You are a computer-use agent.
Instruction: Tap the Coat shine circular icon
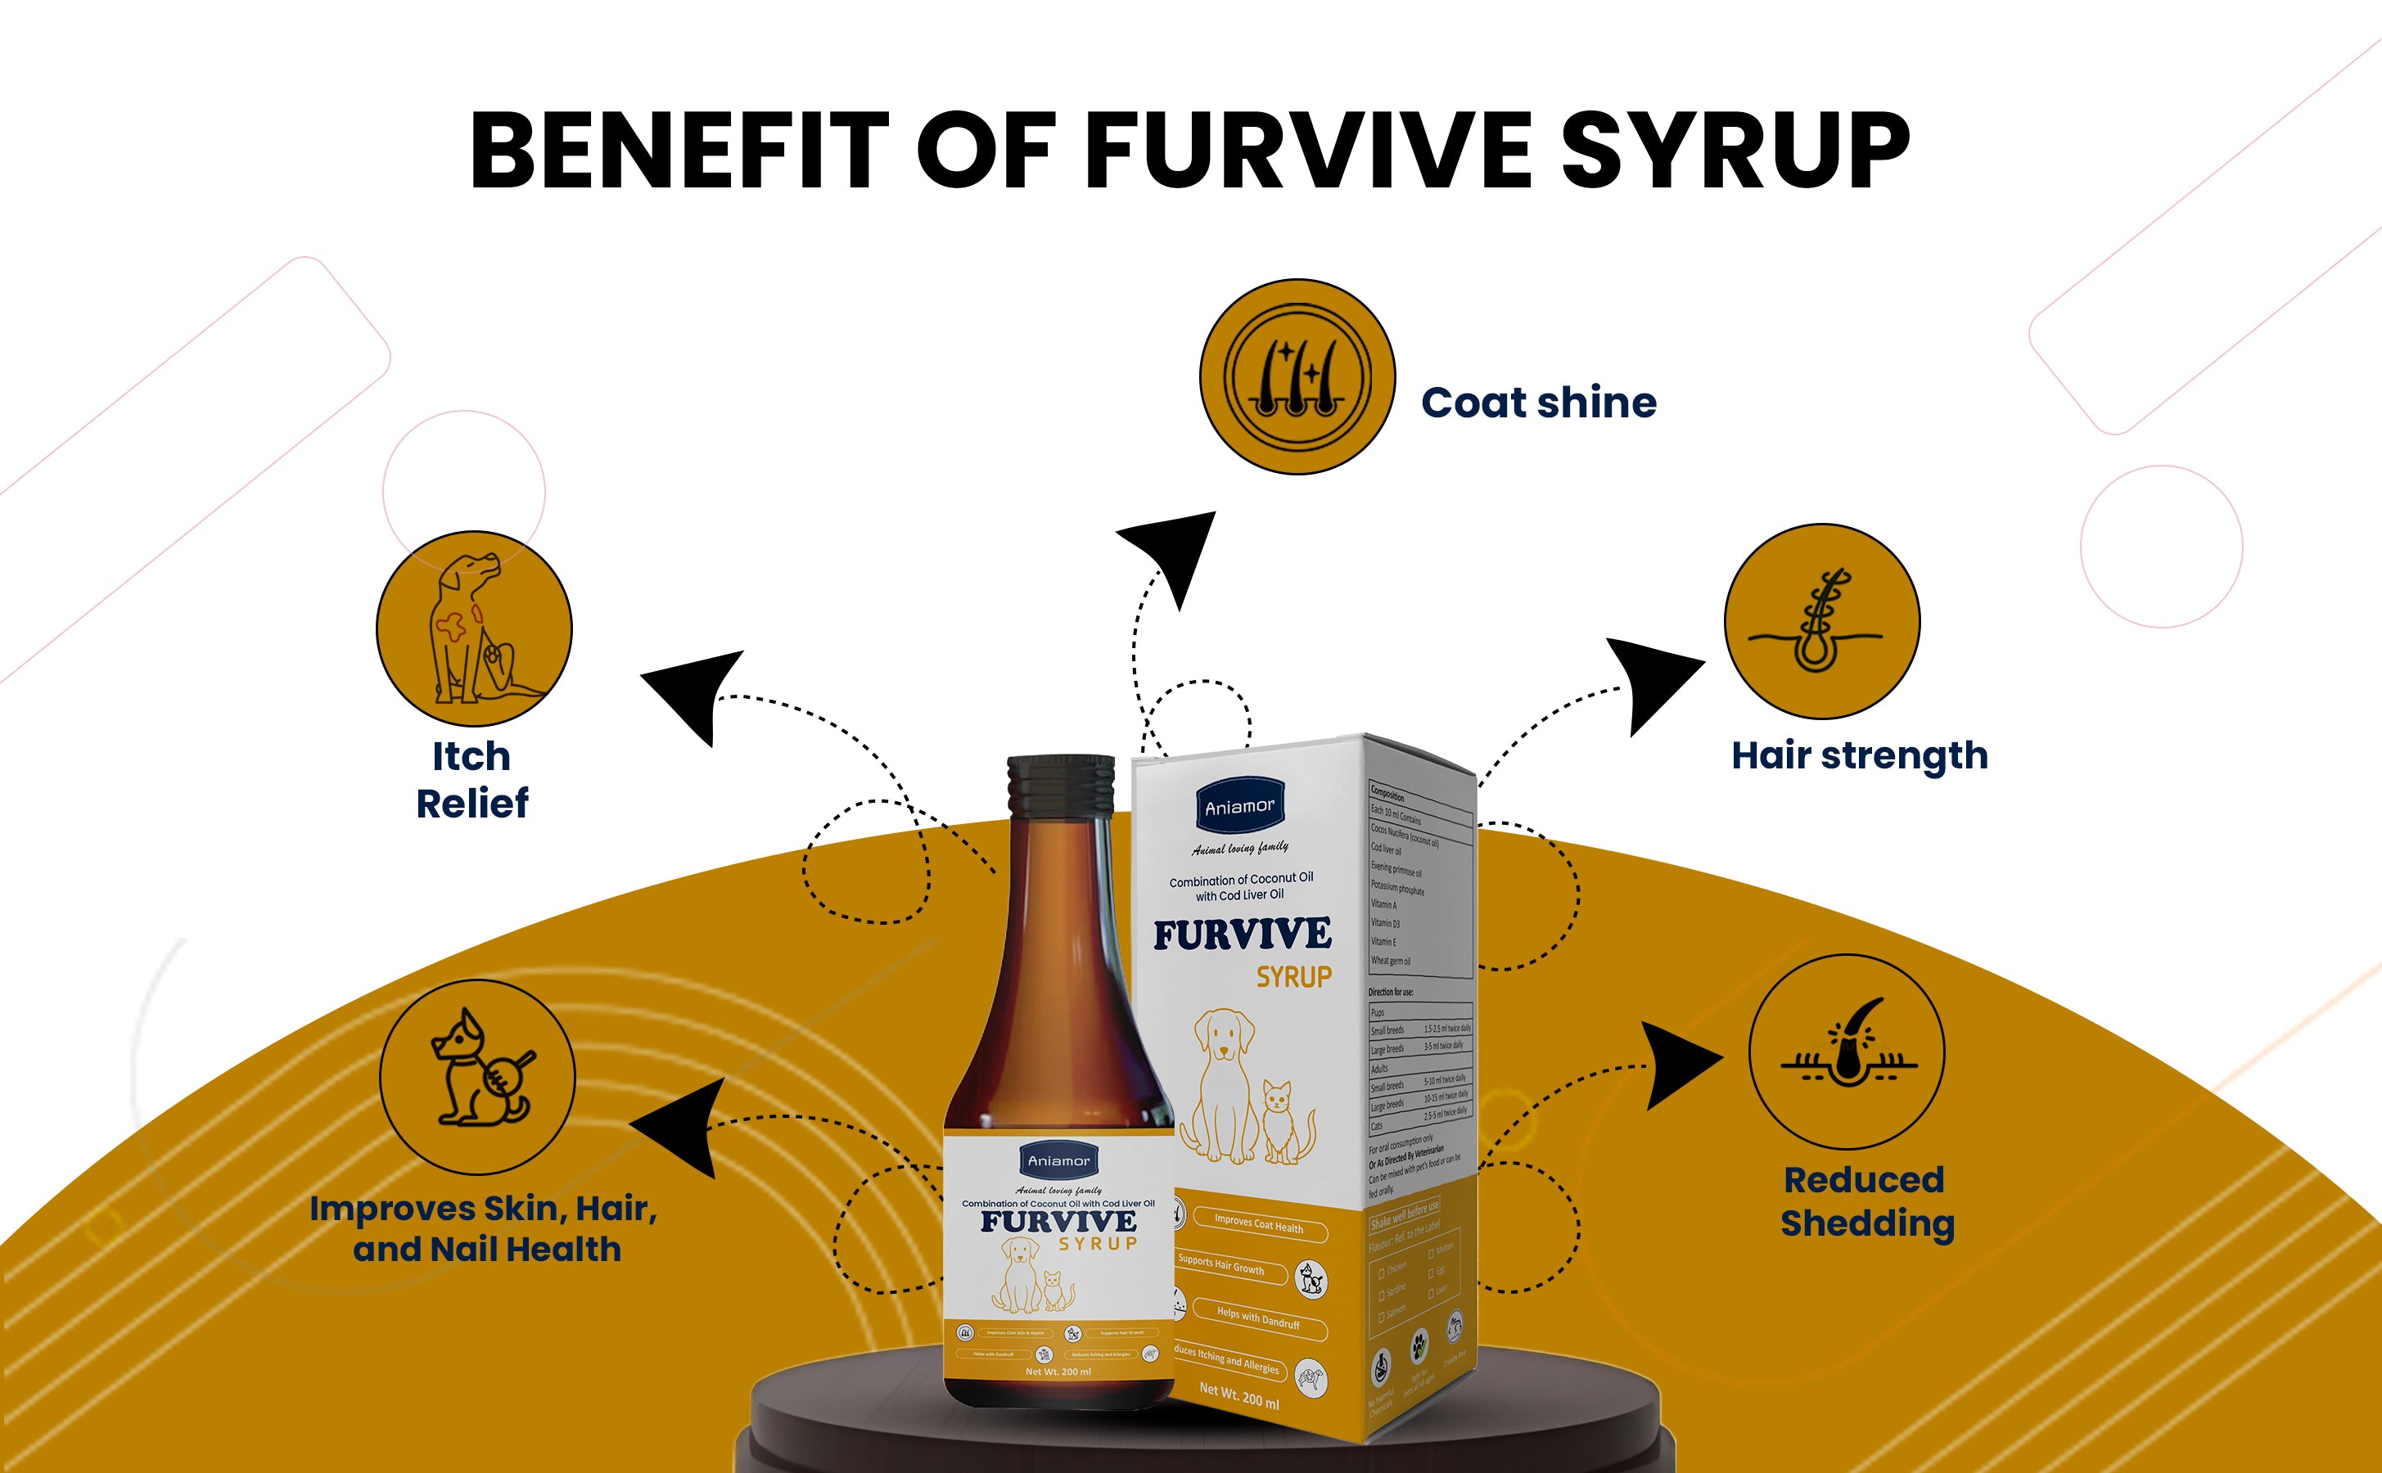pyautogui.click(x=1297, y=377)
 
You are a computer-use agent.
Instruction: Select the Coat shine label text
pyautogui.click(x=1538, y=403)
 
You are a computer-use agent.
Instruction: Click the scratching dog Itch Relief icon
pyautogui.click(x=475, y=628)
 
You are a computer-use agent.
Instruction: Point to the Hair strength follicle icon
pyautogui.click(x=1822, y=622)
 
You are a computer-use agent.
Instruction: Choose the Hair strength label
pyautogui.click(x=1859, y=756)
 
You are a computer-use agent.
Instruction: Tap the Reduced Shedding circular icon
pyautogui.click(x=1846, y=1052)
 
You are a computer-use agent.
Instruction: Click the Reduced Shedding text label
pyautogui.click(x=1866, y=1201)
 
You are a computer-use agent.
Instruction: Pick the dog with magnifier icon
pyautogui.click(x=477, y=1076)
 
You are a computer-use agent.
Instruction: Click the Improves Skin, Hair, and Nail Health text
pyautogui.click(x=485, y=1228)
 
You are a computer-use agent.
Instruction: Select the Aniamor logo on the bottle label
pyautogui.click(x=1059, y=1160)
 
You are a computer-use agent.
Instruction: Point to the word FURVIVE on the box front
pyautogui.click(x=1242, y=935)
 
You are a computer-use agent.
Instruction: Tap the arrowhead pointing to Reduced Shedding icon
pyautogui.click(x=1677, y=1065)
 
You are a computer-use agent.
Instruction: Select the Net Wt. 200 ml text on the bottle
pyautogui.click(x=1058, y=1372)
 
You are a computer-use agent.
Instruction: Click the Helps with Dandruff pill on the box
pyautogui.click(x=1258, y=1318)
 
